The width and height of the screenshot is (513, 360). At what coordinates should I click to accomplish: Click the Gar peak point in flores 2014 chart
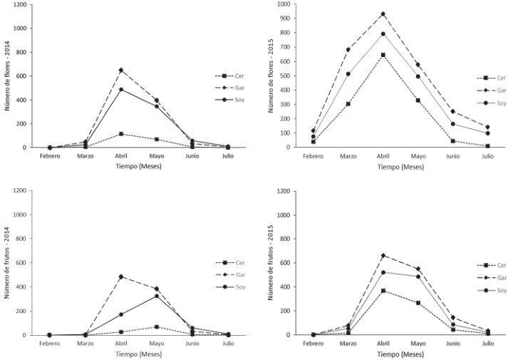click(x=120, y=70)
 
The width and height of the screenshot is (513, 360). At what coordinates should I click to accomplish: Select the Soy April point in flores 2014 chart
click(x=120, y=89)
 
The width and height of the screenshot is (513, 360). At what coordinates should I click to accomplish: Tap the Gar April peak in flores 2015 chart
click(x=383, y=14)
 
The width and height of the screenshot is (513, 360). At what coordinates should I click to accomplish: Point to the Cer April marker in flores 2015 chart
click(x=383, y=55)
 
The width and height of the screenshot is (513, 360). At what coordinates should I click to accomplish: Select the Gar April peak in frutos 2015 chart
click(x=383, y=255)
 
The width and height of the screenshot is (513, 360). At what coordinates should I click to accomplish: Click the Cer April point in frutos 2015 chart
click(x=383, y=291)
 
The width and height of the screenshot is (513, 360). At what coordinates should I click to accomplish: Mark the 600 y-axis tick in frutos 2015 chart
click(x=289, y=263)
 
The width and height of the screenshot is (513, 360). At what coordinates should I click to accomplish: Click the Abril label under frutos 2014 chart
click(x=120, y=344)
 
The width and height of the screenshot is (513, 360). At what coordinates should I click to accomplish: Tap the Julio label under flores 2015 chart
click(x=487, y=156)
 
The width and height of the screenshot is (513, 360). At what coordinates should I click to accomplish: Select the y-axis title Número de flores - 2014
click(x=8, y=75)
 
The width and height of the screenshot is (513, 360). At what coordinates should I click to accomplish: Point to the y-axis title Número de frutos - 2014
click(x=8, y=262)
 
